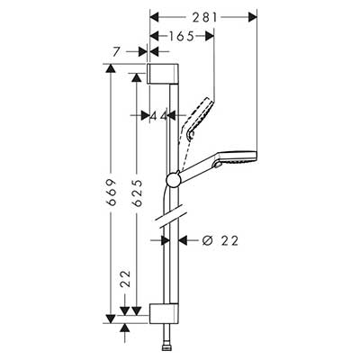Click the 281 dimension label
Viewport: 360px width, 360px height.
pyautogui.click(x=204, y=18)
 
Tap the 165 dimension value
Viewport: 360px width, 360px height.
pyautogui.click(x=181, y=36)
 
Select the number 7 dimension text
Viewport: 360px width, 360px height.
pyautogui.click(x=117, y=52)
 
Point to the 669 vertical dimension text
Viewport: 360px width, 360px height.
pyautogui.click(x=112, y=193)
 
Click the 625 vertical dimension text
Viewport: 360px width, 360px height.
pyautogui.click(x=137, y=193)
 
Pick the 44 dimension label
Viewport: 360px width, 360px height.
pyautogui.click(x=158, y=115)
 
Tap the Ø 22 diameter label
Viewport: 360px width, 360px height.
pyautogui.click(x=220, y=240)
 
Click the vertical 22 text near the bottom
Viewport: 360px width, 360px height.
pyautogui.click(x=126, y=279)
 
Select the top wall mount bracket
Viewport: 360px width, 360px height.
pyautogui.click(x=163, y=74)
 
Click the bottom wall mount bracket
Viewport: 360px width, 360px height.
pyautogui.click(x=164, y=313)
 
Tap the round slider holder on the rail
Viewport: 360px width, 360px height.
pyautogui.click(x=173, y=180)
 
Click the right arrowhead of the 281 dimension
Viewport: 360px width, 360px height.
pyautogui.click(x=253, y=18)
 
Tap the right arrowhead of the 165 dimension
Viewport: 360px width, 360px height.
pyautogui.click(x=210, y=36)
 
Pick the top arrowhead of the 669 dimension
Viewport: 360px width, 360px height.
pyautogui.click(x=111, y=68)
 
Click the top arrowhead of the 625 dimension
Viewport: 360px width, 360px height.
pyautogui.click(x=137, y=77)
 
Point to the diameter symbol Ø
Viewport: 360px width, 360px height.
pyautogui.click(x=207, y=240)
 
